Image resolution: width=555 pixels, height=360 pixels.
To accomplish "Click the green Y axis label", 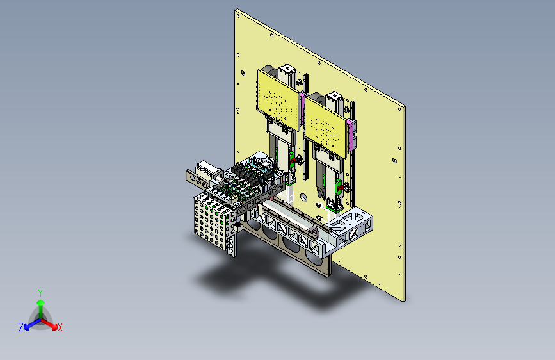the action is tap(40, 293).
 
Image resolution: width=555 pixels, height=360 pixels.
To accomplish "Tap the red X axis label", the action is tap(60, 328).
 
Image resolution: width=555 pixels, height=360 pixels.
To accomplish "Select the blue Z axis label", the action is tap(21, 327).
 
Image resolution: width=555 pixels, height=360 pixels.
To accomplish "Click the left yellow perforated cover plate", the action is tap(278, 100).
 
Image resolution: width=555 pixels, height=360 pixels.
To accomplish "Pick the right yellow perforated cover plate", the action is tap(325, 126).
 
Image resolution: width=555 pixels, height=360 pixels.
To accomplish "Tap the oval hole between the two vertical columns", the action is tap(303, 197).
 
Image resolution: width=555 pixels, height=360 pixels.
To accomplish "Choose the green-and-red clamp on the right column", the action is tap(339, 188).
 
